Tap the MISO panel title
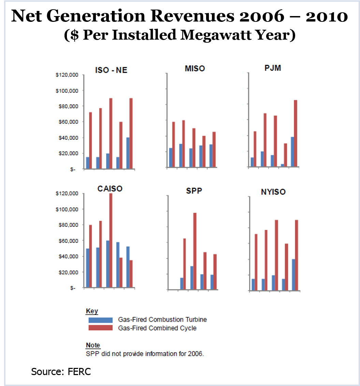(x=195, y=69)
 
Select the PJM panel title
(x=272, y=68)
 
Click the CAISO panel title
(x=110, y=189)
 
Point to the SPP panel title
(x=194, y=191)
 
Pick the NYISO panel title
(x=273, y=192)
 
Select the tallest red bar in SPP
(x=195, y=251)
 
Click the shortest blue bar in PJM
(x=282, y=166)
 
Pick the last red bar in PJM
(x=296, y=133)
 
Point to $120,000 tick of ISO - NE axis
(x=67, y=75)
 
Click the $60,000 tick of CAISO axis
(x=67, y=241)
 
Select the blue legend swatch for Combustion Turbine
(x=100, y=320)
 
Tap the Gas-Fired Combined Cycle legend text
(x=157, y=328)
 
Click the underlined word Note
(x=93, y=345)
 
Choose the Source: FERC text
(x=61, y=372)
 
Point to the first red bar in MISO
(x=173, y=144)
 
